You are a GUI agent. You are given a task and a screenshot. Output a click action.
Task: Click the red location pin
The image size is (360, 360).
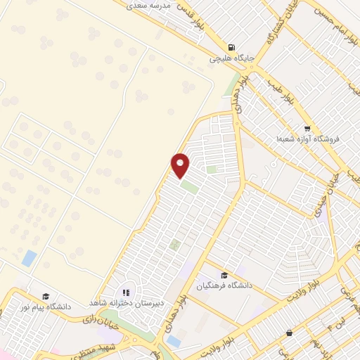click(x=181, y=165)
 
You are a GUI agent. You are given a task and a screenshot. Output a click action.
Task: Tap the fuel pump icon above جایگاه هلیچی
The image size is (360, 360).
click(x=231, y=46)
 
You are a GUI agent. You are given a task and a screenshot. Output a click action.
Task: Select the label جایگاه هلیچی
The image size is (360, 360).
click(x=231, y=58)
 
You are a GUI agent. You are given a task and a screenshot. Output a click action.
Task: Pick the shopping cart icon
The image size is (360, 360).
click(x=307, y=128)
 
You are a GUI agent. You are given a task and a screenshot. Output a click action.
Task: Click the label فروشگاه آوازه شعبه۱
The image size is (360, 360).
click(x=307, y=139)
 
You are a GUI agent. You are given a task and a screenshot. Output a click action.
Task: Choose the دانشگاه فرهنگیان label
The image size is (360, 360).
click(x=224, y=286)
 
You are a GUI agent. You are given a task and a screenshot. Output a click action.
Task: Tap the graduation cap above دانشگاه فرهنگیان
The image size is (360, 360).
click(x=224, y=275)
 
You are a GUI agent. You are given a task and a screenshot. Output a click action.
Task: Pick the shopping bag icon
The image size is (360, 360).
click(x=290, y=332)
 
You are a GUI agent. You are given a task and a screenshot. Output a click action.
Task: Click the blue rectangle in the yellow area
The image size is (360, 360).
click(x=30, y=258)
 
